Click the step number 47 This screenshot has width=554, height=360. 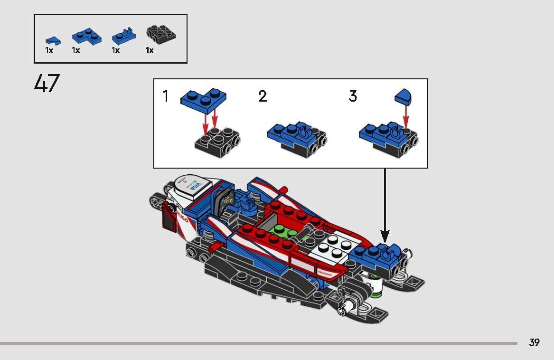click(x=47, y=84)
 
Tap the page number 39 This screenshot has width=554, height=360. click(x=534, y=342)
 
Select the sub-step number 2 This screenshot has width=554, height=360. click(x=263, y=97)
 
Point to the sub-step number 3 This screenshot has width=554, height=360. click(x=353, y=97)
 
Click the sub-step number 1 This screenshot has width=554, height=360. click(x=165, y=97)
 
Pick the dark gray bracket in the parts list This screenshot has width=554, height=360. click(x=161, y=34)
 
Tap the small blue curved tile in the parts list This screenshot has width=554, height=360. click(x=52, y=40)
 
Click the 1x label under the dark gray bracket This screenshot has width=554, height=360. click(x=150, y=50)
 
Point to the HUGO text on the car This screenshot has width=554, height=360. click(x=182, y=218)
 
